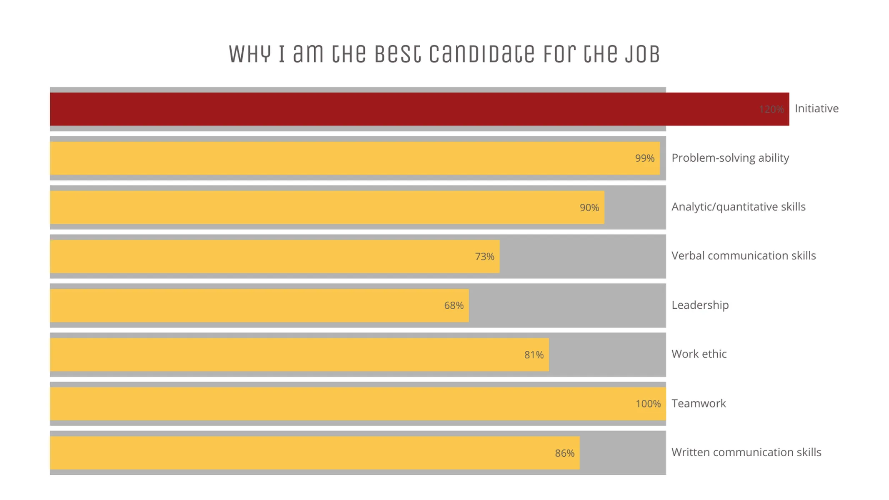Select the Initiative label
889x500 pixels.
tap(816, 109)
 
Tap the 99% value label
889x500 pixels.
tap(644, 158)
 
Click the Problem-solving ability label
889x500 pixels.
tap(730, 158)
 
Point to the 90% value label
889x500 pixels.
tap(589, 207)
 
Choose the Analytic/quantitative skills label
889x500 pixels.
tap(738, 207)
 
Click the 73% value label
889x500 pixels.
tap(484, 257)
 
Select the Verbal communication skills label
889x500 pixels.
tap(743, 256)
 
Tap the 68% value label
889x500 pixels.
tap(453, 306)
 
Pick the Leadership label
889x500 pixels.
tap(700, 305)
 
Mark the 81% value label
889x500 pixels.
tap(533, 355)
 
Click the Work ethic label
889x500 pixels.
tap(699, 354)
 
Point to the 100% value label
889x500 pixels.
tap(648, 404)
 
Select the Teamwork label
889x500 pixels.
tap(698, 403)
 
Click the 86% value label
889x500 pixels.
tap(564, 453)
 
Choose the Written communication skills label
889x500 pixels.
tap(746, 452)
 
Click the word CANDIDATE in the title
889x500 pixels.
tap(481, 54)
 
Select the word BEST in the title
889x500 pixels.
tap(398, 54)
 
